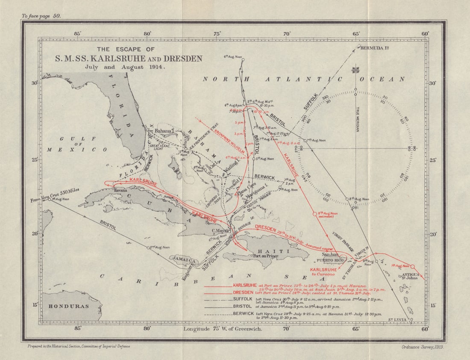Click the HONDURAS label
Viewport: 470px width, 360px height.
tap(68, 306)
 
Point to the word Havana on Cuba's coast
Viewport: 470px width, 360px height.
tap(119, 189)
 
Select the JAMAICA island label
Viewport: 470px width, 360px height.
tap(183, 260)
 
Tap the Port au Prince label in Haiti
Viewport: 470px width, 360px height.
tap(265, 256)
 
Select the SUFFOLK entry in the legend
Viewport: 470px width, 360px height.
tap(243, 299)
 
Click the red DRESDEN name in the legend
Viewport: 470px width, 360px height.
tap(244, 292)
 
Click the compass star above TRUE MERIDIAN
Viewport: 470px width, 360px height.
tap(355, 70)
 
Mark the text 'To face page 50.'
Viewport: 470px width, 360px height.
tap(41, 16)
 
